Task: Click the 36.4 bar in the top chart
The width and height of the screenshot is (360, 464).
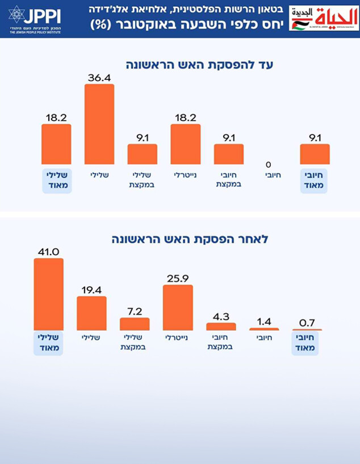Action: [99, 124]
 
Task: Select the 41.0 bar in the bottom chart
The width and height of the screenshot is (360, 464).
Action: [48, 294]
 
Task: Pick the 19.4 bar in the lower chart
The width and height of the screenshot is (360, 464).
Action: [91, 313]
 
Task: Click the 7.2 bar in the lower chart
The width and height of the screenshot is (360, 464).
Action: [135, 324]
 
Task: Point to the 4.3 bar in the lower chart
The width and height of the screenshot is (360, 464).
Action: [221, 327]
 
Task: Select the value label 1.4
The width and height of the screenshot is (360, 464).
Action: [264, 320]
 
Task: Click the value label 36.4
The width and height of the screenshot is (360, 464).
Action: [99, 76]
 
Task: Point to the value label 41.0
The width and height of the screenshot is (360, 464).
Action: [48, 250]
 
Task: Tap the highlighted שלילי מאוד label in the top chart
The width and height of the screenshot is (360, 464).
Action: [56, 180]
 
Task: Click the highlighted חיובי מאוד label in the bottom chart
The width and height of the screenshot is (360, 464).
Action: [307, 343]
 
